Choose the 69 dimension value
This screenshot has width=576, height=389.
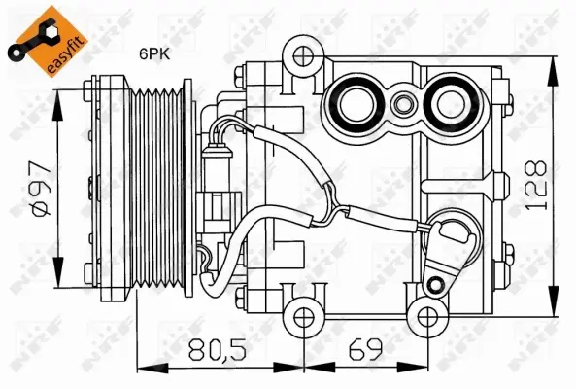click(364, 349)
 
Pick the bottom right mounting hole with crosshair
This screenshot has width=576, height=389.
click(424, 314)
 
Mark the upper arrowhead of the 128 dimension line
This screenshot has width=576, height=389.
click(556, 62)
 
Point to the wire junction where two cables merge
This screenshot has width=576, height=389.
click(334, 207)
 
